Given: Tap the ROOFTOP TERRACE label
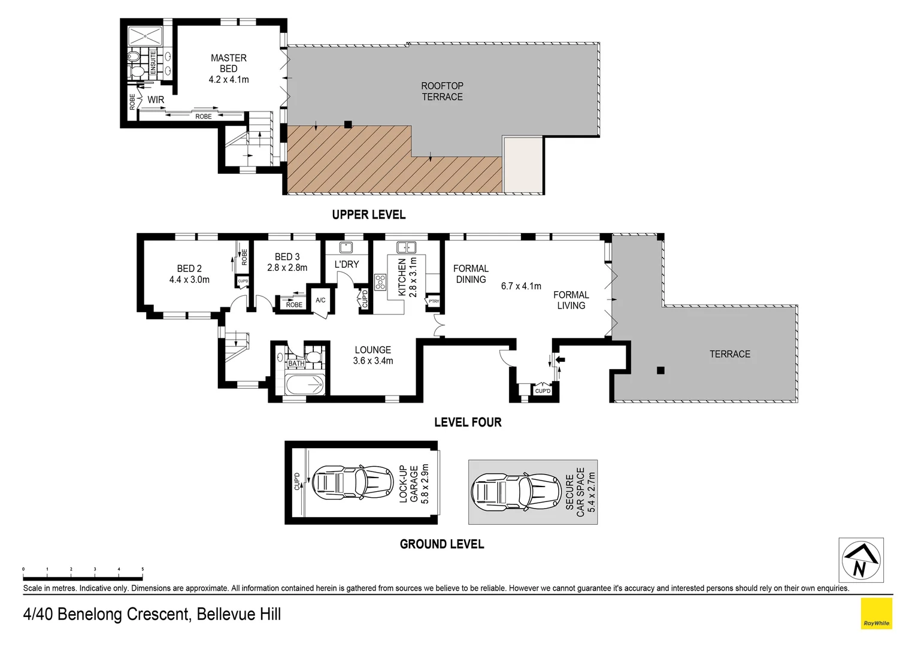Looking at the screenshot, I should (x=442, y=91).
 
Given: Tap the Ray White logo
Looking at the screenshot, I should (x=876, y=614).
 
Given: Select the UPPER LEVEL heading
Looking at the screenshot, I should (x=368, y=214).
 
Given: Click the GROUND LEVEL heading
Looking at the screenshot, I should (x=441, y=544).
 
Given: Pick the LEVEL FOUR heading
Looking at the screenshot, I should (x=467, y=422).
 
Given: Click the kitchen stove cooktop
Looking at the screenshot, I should (x=380, y=282).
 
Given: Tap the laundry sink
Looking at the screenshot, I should (x=346, y=247).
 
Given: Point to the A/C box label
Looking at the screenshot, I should (x=320, y=300).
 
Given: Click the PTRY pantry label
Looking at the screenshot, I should (x=433, y=301).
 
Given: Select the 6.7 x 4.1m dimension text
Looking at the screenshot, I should (x=521, y=286).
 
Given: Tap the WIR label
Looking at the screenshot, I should (x=156, y=100).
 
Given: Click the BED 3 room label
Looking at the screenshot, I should (x=287, y=257).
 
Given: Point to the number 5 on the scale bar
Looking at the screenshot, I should (x=142, y=569).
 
